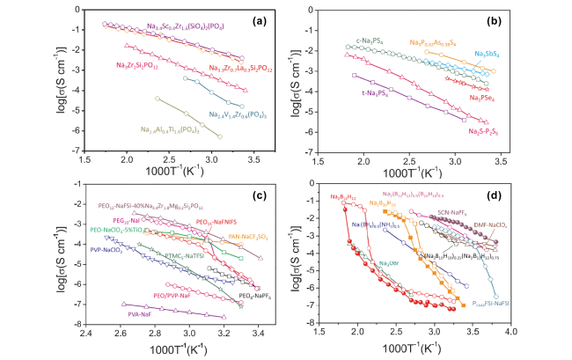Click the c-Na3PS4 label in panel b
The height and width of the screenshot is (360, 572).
click(x=360, y=40)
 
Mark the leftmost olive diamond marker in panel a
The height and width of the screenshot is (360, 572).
click(x=158, y=98)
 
